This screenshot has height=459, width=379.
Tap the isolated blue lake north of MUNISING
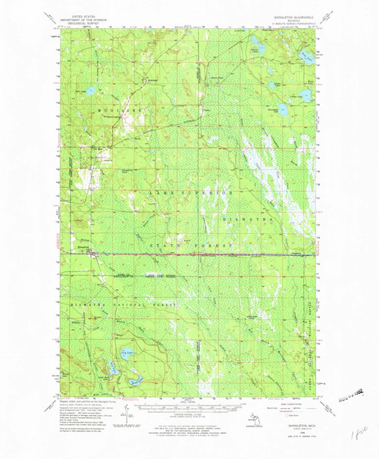click(x=90, y=91)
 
